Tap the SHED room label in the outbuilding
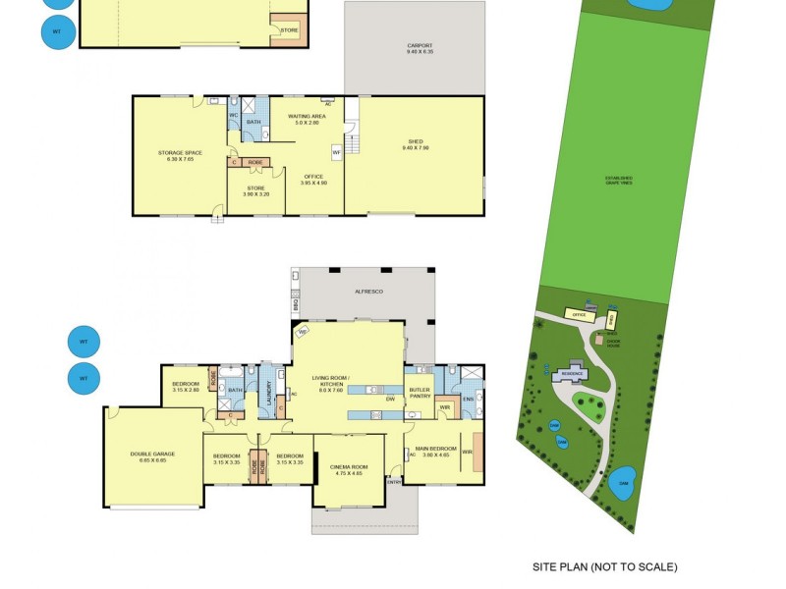(x=413, y=144)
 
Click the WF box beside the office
(x=336, y=152)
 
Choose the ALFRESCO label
(x=367, y=292)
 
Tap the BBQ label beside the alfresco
(x=295, y=304)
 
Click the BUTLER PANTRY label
(x=420, y=394)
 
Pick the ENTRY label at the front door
(x=394, y=481)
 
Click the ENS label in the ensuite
(x=469, y=399)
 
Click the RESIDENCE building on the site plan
(x=572, y=375)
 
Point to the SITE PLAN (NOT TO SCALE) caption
(x=604, y=567)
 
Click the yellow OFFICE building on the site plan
(x=579, y=315)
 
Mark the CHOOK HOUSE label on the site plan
(x=612, y=343)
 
